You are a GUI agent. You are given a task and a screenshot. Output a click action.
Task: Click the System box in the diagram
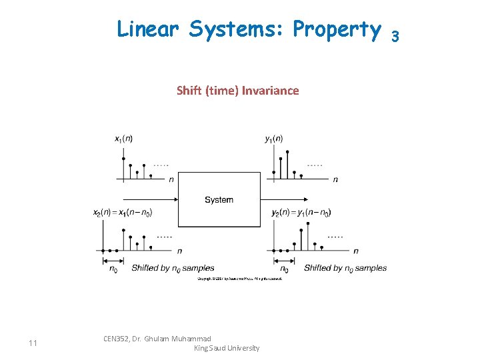(x=219, y=199)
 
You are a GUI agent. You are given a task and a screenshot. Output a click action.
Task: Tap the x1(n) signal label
(x=123, y=139)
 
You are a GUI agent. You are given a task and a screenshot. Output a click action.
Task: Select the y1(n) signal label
(x=273, y=139)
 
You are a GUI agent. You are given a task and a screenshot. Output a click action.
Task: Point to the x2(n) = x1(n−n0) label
(x=123, y=213)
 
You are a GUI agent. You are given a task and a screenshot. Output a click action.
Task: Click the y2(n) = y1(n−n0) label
(x=301, y=213)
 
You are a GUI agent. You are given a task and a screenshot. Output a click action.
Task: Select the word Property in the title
(x=337, y=29)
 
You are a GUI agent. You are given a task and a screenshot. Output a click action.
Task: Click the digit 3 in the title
(x=395, y=35)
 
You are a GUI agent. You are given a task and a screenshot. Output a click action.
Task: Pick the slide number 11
(x=33, y=343)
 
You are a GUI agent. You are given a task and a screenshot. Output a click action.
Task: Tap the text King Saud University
(x=226, y=348)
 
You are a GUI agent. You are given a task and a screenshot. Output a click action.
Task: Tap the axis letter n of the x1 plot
(x=171, y=179)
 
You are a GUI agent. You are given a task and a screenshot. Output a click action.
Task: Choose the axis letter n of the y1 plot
(x=335, y=179)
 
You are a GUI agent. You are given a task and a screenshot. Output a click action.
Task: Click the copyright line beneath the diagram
(x=240, y=279)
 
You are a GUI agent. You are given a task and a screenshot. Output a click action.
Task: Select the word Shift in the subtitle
(x=189, y=91)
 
